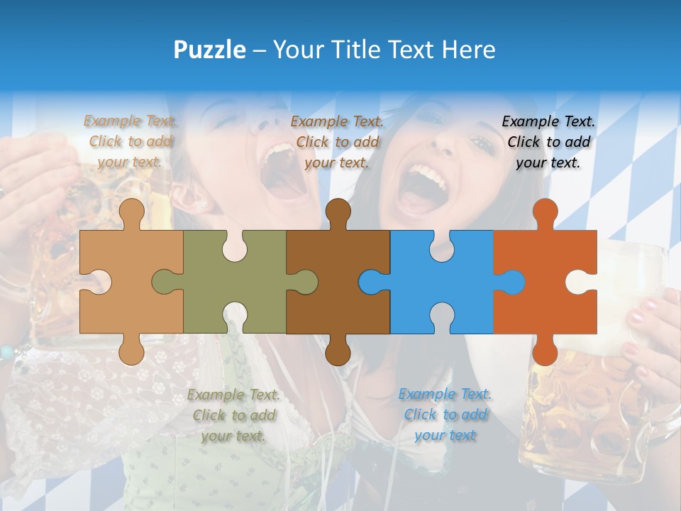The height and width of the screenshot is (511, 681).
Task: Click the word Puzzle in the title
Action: [x=210, y=50]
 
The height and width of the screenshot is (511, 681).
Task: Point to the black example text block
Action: [x=548, y=142]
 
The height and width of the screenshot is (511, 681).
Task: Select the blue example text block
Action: [x=445, y=414]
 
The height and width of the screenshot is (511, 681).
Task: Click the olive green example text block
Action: [x=233, y=415]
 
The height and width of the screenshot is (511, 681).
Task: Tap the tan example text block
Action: [x=131, y=141]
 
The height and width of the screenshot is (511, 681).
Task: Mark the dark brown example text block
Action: [x=337, y=142]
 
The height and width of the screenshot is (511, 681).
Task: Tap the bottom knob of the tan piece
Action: [x=131, y=350]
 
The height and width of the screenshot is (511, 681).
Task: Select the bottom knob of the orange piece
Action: [x=545, y=350]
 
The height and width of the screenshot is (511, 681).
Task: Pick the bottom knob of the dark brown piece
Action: [x=338, y=350]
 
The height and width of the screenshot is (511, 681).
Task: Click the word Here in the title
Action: [x=468, y=50]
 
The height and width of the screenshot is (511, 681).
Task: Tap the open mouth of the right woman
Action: [x=423, y=187]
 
